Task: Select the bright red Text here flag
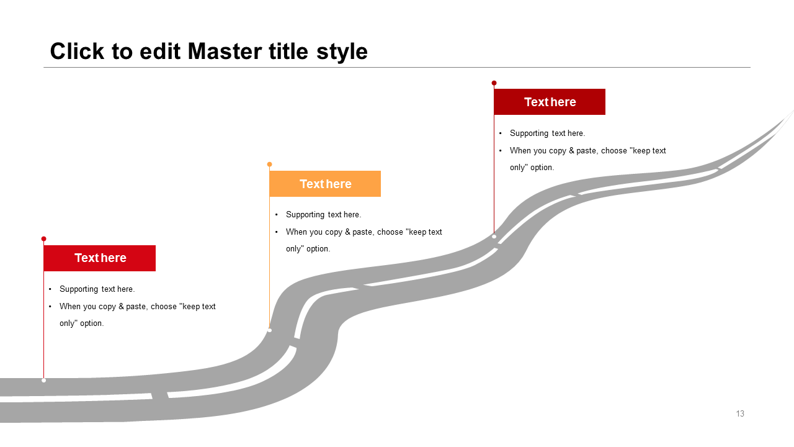[x=99, y=258]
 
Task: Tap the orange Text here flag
[x=325, y=184]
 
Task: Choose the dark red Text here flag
[x=550, y=102]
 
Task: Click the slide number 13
[x=740, y=414]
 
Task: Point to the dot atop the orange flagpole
[x=269, y=165]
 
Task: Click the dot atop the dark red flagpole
[x=494, y=83]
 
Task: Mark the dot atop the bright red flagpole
[x=43, y=238]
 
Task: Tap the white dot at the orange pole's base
[x=269, y=330]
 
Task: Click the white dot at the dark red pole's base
[x=494, y=237]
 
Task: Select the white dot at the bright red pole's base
[x=43, y=380]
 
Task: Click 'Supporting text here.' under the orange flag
[x=323, y=215]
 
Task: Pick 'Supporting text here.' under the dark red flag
[x=547, y=133]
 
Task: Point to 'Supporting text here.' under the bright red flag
[x=97, y=289]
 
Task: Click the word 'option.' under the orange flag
[x=318, y=249]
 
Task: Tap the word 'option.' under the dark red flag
[x=542, y=168]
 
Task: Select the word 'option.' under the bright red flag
[x=91, y=323]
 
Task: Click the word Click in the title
[x=78, y=52]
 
